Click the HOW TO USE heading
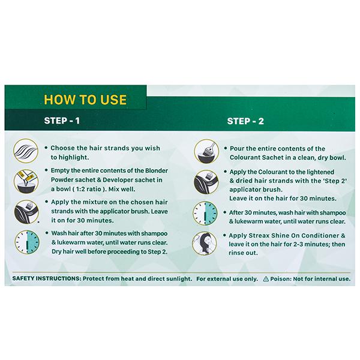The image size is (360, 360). click(x=85, y=100)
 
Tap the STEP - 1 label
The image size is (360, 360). click(x=62, y=121)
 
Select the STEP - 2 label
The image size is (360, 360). click(x=245, y=121)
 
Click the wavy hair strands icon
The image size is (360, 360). click(x=26, y=151)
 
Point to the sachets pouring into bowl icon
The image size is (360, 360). click(x=26, y=181)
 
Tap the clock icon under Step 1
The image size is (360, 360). click(x=27, y=242)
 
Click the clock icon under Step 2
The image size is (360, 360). click(x=205, y=213)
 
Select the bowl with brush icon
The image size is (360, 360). click(x=206, y=151)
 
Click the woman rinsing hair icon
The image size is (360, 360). click(x=205, y=244)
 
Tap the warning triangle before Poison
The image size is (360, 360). click(x=266, y=279)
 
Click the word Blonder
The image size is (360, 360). click(x=157, y=171)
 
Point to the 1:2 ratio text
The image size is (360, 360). click(x=88, y=189)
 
